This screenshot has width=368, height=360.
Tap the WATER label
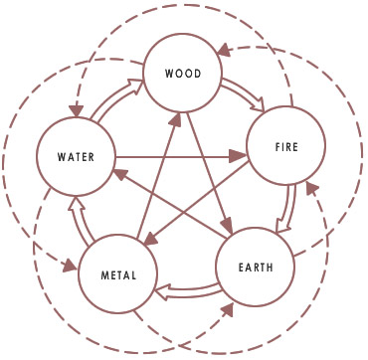click(75, 156)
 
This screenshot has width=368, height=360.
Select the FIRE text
click(286, 146)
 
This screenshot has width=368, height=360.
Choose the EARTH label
click(257, 267)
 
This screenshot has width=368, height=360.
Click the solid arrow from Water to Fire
click(179, 155)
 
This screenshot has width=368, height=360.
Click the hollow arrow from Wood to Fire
click(240, 95)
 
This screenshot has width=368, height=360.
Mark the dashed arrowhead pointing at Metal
click(69, 266)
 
